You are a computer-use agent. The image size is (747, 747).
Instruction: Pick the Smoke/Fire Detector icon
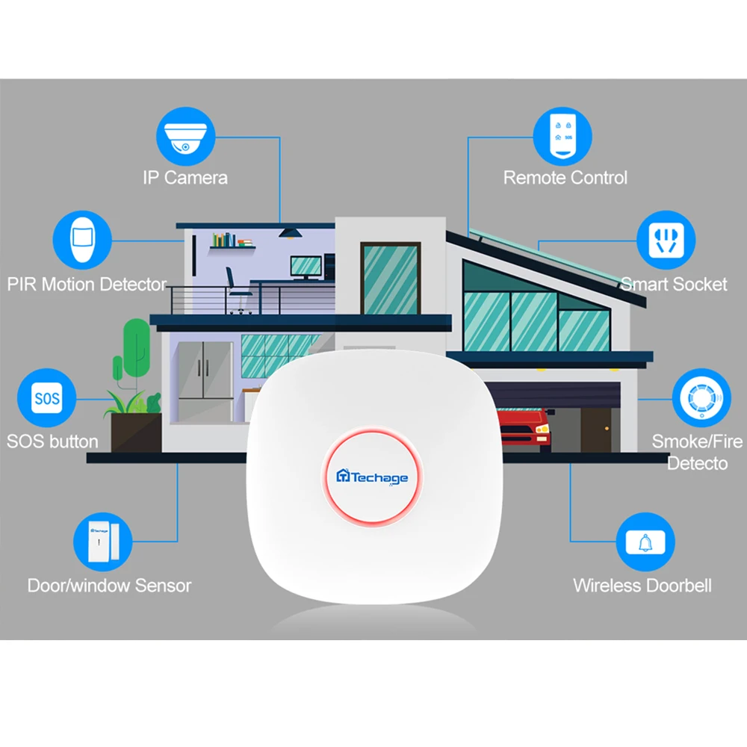pos(701,397)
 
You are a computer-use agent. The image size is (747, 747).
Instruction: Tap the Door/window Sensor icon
pos(101,541)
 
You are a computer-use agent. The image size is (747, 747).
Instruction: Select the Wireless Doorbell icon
pos(645,541)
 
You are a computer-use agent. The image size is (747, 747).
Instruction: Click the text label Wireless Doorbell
pos(642,586)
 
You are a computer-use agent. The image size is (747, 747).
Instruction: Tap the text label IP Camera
pos(185,178)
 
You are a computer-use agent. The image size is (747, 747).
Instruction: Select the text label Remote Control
pos(565,178)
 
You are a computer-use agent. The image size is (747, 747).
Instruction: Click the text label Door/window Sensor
pos(109,586)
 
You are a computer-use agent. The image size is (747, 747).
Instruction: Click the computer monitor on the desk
pos(306,267)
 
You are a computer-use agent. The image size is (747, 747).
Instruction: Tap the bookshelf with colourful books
pos(232,241)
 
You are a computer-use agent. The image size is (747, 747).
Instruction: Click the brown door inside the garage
pos(596,429)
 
